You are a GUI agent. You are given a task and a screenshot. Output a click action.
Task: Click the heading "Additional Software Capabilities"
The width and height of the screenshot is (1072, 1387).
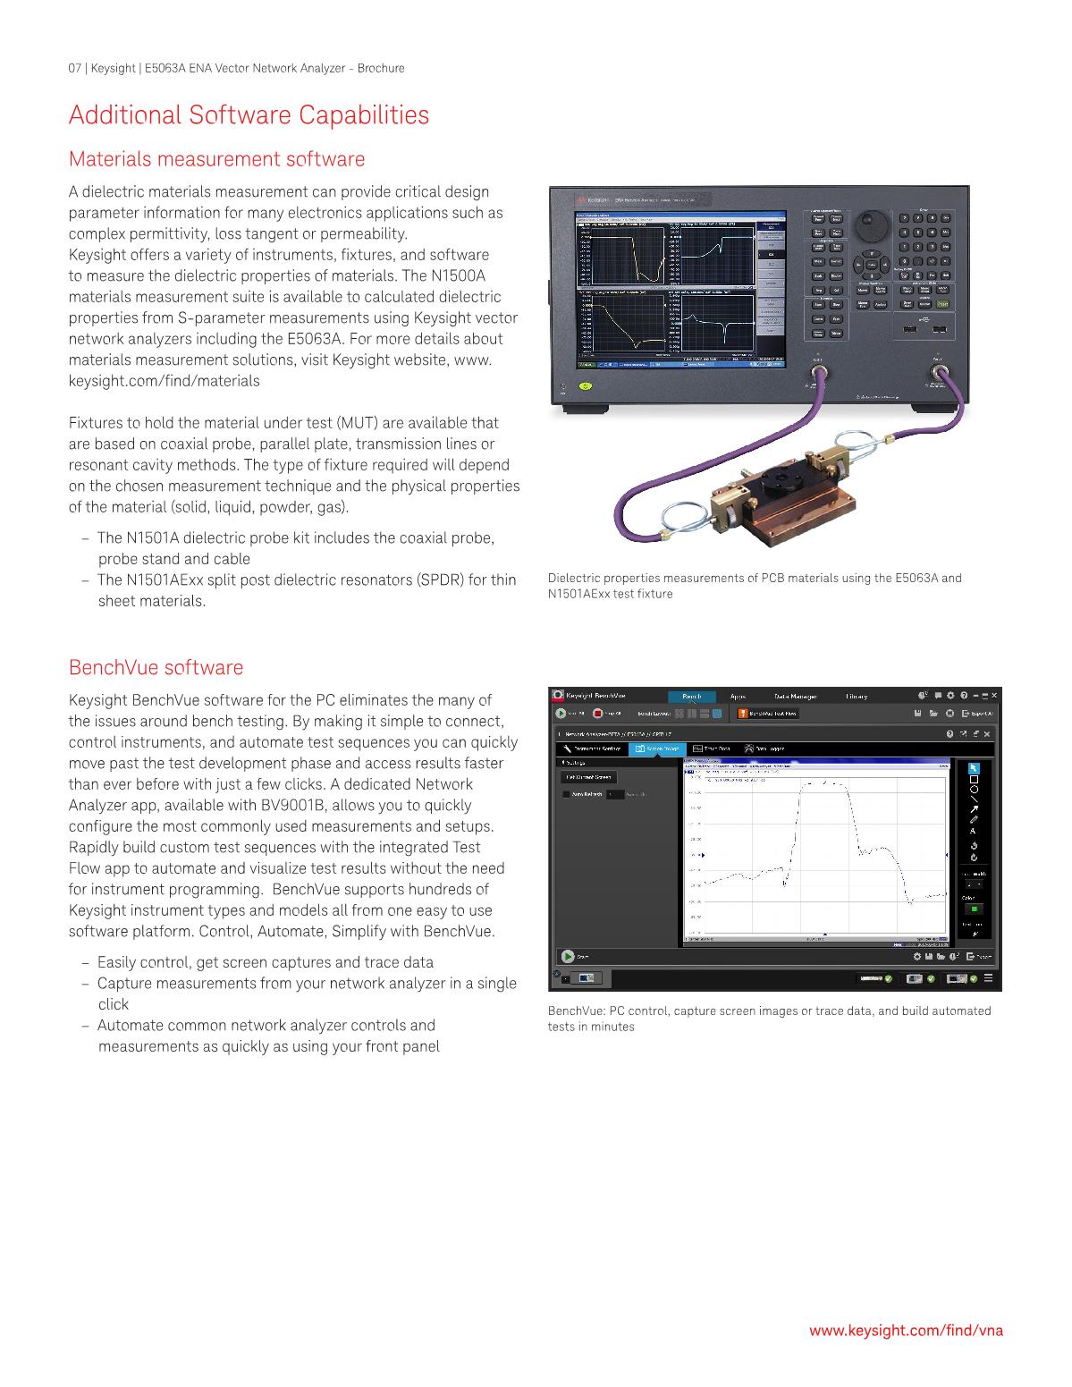249,115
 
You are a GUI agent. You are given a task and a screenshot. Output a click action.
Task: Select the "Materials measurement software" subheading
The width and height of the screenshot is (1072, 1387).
216,159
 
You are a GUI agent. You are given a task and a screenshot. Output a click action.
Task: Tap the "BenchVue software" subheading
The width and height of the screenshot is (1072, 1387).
156,668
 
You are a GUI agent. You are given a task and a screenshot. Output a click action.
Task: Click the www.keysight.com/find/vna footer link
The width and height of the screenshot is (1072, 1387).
906,1330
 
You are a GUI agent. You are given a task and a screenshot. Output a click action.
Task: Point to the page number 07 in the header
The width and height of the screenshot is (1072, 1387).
75,68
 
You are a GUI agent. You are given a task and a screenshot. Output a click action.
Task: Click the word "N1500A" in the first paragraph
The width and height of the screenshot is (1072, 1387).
458,276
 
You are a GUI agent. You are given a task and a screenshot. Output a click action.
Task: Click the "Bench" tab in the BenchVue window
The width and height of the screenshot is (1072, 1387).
692,697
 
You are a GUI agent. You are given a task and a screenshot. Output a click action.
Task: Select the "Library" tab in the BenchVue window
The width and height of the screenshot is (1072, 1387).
856,697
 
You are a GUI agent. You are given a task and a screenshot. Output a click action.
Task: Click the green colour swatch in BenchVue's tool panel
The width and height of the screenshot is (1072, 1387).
974,909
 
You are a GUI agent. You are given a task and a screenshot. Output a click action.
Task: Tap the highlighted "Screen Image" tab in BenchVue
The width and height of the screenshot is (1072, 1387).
657,748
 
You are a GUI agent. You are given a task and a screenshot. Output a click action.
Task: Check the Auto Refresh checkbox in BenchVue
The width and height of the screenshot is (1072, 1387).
565,794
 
